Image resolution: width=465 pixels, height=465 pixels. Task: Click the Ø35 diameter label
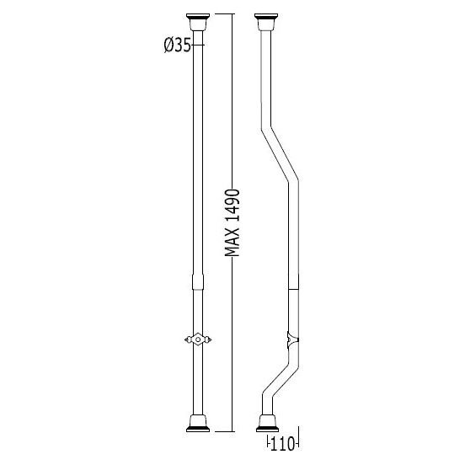[x=178, y=45]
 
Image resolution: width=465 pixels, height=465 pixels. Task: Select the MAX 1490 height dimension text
[x=232, y=222]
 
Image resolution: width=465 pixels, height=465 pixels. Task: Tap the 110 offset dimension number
[x=282, y=444]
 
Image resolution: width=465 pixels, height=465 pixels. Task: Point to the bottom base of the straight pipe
[x=198, y=424]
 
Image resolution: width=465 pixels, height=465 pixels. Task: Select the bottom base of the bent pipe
[x=267, y=424]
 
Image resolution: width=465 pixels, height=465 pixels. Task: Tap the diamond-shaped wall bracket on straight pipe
[x=198, y=339]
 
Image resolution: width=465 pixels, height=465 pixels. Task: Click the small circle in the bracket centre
[x=198, y=339]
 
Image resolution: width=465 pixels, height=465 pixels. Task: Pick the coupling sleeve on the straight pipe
[x=198, y=282]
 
